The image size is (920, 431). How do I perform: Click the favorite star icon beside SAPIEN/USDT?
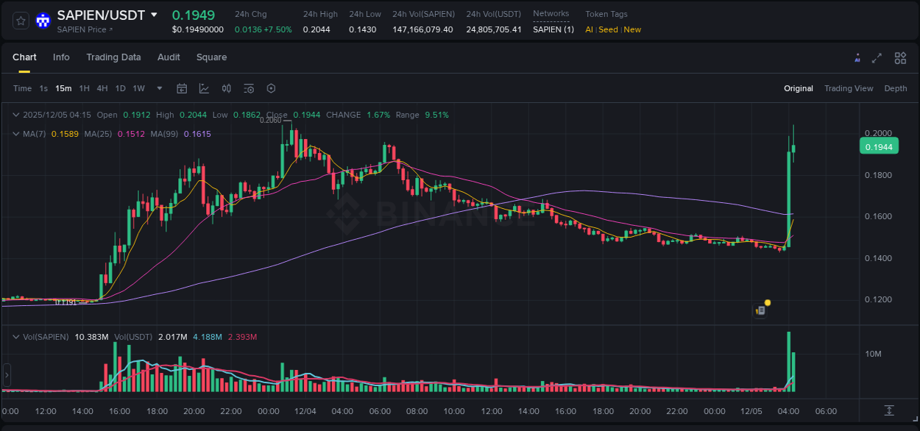click(x=21, y=21)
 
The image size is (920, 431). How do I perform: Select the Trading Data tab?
click(x=113, y=57)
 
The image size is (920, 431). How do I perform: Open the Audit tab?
click(x=169, y=57)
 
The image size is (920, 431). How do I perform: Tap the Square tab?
click(x=211, y=57)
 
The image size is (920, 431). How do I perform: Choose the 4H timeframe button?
click(x=102, y=88)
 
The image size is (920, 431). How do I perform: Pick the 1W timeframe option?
click(x=138, y=88)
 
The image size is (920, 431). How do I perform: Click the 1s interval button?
click(x=43, y=88)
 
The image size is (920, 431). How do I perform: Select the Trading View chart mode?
click(x=849, y=88)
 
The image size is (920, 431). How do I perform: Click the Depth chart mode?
click(x=896, y=88)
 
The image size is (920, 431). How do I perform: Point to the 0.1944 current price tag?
click(x=879, y=147)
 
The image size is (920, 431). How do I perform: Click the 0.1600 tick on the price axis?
click(x=878, y=217)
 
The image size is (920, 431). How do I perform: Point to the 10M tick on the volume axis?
click(x=874, y=355)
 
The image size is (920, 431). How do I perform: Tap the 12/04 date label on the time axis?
click(x=305, y=411)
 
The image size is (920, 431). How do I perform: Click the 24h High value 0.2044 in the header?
click(x=316, y=29)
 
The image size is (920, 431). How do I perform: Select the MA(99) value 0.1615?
click(x=197, y=134)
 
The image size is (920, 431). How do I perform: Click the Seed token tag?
click(x=608, y=29)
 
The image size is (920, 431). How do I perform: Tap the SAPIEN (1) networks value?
click(x=553, y=29)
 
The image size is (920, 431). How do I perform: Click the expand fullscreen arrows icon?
click(x=877, y=58)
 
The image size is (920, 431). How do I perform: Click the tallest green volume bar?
click(x=789, y=362)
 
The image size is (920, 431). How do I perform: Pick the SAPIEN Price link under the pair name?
click(x=85, y=29)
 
